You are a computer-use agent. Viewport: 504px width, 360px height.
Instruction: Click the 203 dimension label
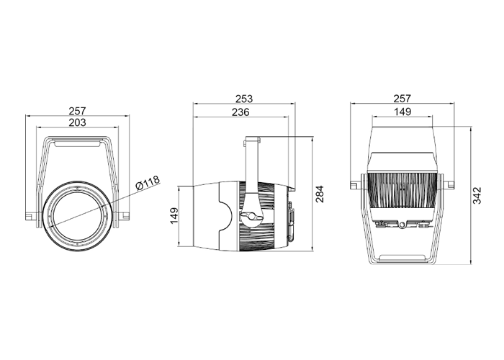pos(78,123)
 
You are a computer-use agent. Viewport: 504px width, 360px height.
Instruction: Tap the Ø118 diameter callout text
pos(148,183)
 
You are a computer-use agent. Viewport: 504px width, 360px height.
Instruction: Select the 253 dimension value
pos(244,99)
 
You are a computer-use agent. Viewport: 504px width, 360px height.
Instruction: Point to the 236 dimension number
pos(240,112)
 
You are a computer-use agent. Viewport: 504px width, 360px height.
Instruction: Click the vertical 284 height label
pos(320,194)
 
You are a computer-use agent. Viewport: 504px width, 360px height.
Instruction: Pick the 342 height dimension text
pos(477,195)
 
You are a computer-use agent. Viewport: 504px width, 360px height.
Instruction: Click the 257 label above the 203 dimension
pos(78,111)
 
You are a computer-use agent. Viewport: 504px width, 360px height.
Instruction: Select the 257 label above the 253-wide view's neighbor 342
pos(402,99)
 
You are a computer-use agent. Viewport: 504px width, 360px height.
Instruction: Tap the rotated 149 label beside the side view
pos(174,216)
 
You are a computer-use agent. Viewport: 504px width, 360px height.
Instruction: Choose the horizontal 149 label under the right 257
pos(402,112)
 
